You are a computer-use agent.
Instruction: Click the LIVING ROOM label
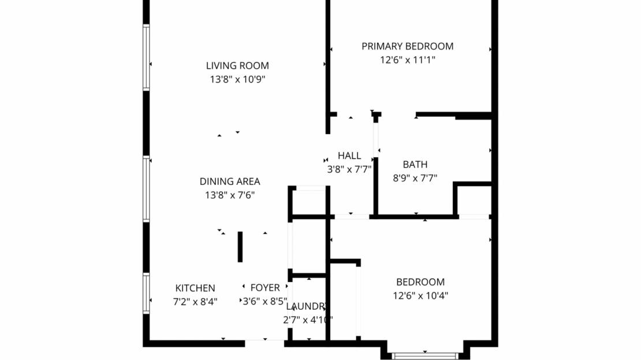pyautogui.click(x=237, y=66)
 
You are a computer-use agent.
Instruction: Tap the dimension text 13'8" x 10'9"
pyautogui.click(x=237, y=79)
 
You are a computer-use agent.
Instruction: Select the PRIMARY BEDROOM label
pyautogui.click(x=407, y=46)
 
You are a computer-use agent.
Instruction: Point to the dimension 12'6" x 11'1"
pyautogui.click(x=407, y=60)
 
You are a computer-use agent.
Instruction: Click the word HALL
pyautogui.click(x=349, y=155)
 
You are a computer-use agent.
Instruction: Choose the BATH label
pyautogui.click(x=415, y=165)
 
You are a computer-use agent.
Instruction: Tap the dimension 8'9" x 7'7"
pyautogui.click(x=415, y=178)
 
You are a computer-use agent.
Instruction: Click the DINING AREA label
pyautogui.click(x=230, y=181)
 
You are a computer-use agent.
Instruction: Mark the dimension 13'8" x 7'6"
pyautogui.click(x=230, y=195)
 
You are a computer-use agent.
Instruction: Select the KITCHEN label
pyautogui.click(x=195, y=288)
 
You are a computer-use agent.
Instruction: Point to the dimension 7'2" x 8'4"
pyautogui.click(x=195, y=301)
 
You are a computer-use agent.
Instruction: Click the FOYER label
pyautogui.click(x=265, y=288)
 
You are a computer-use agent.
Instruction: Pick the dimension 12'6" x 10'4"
pyautogui.click(x=420, y=295)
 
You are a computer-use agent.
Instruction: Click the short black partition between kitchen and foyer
pyautogui.click(x=240, y=247)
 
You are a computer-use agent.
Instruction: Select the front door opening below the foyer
pyautogui.click(x=264, y=343)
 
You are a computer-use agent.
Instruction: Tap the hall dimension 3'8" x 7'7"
pyautogui.click(x=349, y=169)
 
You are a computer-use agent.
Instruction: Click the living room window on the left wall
pyautogui.click(x=146, y=57)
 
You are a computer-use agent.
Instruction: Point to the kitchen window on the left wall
pyautogui.click(x=146, y=294)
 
